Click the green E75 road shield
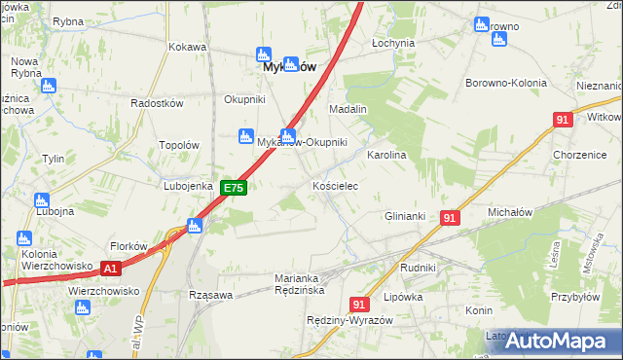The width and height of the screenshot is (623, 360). click(x=233, y=188)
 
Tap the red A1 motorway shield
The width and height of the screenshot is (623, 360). click(x=112, y=269)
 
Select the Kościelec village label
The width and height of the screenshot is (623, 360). click(x=336, y=185)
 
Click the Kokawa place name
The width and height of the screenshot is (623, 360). click(x=188, y=46)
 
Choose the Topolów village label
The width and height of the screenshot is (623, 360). click(x=179, y=145)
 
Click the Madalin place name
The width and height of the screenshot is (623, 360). click(x=348, y=109)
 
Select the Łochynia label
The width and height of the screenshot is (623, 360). click(x=394, y=44)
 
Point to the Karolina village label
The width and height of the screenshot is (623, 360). click(x=385, y=155)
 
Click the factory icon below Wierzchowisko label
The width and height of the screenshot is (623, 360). click(x=84, y=307)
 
